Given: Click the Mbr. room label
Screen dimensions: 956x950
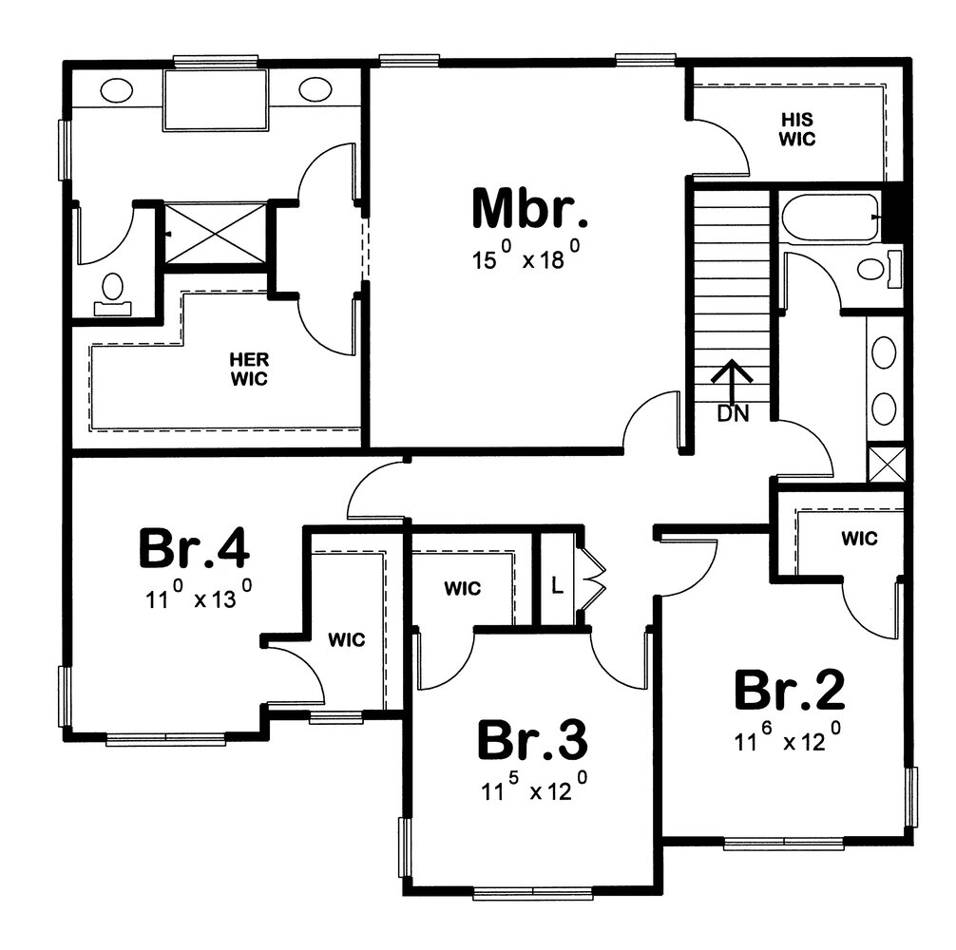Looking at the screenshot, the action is point(530,208).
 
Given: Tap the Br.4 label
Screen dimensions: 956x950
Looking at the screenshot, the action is point(194,548).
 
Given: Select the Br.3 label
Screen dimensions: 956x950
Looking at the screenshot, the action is point(532,739).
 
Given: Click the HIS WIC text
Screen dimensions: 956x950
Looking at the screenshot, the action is point(797,129).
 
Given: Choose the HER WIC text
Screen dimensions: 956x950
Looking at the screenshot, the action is point(249,370).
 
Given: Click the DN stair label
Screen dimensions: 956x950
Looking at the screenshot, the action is point(733,414).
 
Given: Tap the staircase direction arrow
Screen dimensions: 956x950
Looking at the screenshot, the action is point(733,383).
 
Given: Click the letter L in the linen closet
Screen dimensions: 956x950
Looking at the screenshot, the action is point(557,585).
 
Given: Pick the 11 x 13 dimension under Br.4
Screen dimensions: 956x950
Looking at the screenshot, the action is point(199,596).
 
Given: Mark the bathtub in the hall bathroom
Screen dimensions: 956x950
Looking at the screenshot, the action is point(831,218).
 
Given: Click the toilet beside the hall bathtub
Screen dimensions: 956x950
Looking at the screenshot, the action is point(879,268).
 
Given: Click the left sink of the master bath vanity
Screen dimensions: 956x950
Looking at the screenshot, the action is point(116,91).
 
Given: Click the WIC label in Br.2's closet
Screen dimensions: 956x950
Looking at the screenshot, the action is point(860,538).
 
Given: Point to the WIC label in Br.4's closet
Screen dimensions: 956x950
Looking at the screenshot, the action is point(346,640).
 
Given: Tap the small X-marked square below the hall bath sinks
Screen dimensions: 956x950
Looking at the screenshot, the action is point(886,465).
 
